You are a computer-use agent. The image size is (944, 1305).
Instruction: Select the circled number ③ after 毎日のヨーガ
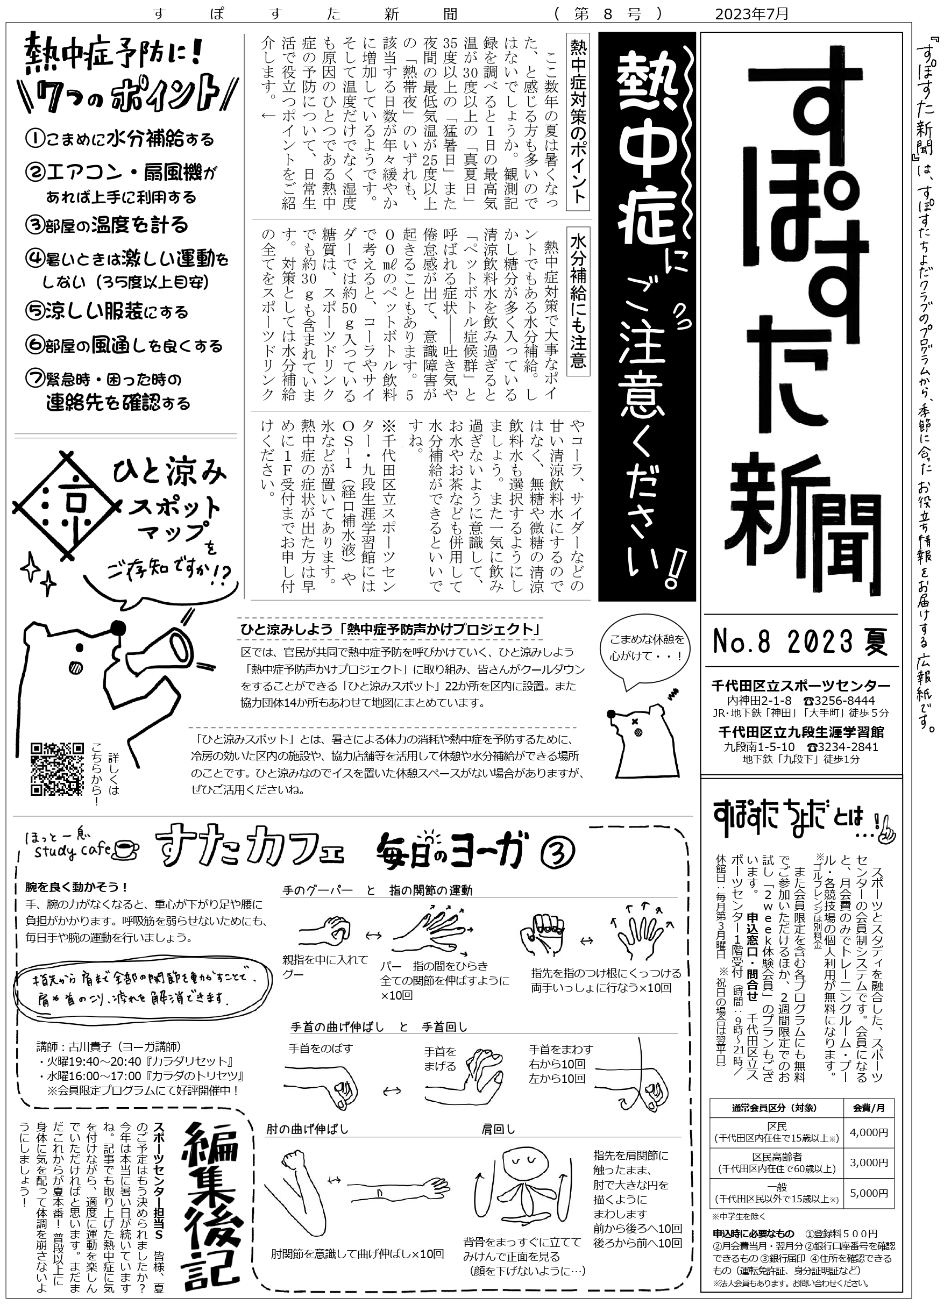(x=558, y=853)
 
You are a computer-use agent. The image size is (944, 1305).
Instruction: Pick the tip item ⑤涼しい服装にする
(x=108, y=311)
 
